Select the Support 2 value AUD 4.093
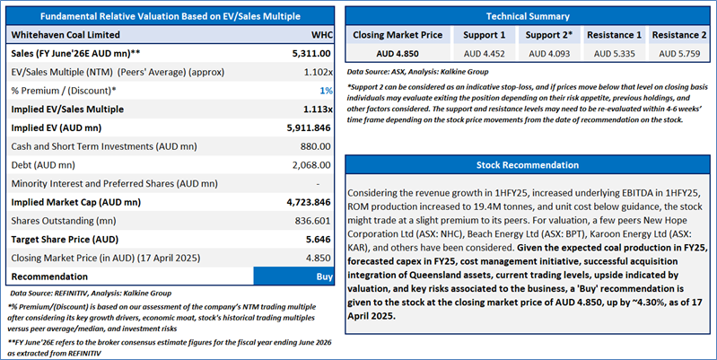click(546, 54)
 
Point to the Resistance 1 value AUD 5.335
click(614, 54)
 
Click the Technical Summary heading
click(528, 16)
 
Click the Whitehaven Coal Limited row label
click(68, 34)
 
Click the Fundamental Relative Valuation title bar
click(171, 16)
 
